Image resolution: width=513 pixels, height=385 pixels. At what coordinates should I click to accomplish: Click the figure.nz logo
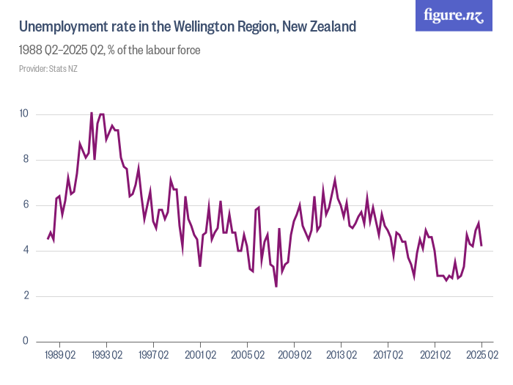click(x=454, y=15)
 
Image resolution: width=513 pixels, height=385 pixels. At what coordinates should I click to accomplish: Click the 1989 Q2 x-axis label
click(x=59, y=356)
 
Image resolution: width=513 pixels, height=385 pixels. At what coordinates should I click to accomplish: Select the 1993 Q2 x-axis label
click(x=106, y=356)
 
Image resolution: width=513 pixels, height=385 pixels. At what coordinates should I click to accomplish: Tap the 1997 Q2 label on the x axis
click(x=153, y=356)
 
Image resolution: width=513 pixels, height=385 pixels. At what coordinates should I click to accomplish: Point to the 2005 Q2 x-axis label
click(x=247, y=356)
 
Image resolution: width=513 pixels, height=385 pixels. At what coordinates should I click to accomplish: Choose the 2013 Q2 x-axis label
click(x=341, y=356)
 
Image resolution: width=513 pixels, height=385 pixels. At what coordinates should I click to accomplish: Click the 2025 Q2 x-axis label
click(x=481, y=356)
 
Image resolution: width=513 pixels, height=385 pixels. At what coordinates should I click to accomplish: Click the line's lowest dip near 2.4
click(x=276, y=286)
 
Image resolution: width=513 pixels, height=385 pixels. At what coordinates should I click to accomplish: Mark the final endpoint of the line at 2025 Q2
click(x=481, y=245)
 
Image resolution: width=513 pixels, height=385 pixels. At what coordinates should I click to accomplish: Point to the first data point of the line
click(x=48, y=238)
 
